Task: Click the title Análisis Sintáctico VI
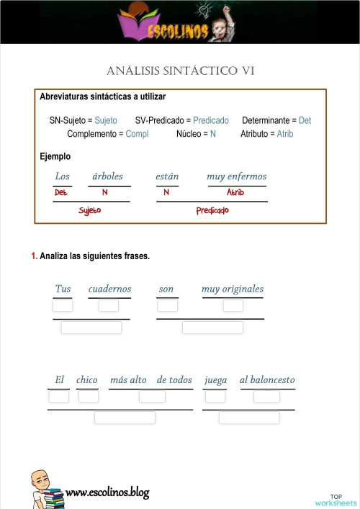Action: [x=180, y=71]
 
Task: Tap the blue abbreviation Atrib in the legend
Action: [x=284, y=134]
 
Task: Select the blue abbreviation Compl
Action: [x=137, y=134]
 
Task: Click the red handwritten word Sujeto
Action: [x=90, y=210]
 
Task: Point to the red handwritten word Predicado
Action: [x=212, y=210]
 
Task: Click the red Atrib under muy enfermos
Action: [x=235, y=193]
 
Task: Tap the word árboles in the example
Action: [x=108, y=176]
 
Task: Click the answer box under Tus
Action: [x=63, y=305]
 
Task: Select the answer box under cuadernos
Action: [x=109, y=305]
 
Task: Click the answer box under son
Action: [x=167, y=305]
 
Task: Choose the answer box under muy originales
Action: [x=233, y=305]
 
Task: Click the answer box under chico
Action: [x=89, y=396]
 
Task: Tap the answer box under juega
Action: [x=215, y=396]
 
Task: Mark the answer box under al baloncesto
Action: [x=266, y=396]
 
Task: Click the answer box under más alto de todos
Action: [x=152, y=396]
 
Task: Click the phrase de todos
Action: [x=174, y=379]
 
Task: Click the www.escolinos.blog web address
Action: [x=107, y=492]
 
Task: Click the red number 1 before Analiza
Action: [x=34, y=256]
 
